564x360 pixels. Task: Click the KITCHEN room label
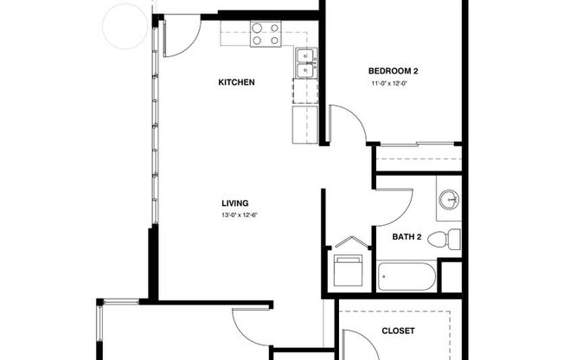tap(235, 82)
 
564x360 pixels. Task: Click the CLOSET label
tap(398, 331)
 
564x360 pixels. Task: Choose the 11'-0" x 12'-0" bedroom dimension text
tap(389, 84)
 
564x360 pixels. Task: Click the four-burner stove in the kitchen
tap(266, 33)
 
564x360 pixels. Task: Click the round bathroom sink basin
tap(449, 200)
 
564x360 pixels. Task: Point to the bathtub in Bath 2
tap(407, 278)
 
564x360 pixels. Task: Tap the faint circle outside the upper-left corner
tap(125, 24)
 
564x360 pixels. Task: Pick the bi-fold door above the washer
tap(349, 242)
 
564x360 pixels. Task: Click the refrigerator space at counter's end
tap(306, 122)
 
